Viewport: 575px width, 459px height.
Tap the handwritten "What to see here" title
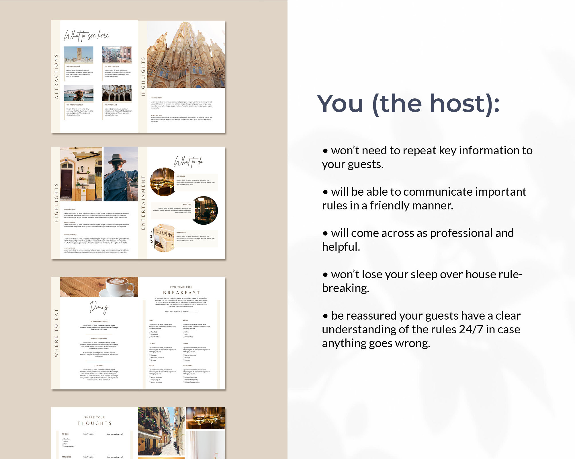pyautogui.click(x=86, y=36)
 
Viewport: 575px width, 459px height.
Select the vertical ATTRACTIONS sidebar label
pyautogui.click(x=56, y=77)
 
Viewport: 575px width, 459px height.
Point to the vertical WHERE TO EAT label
pyautogui.click(x=56, y=333)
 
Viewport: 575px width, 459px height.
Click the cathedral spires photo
pyautogui.click(x=186, y=55)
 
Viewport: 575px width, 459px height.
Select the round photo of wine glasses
pyautogui.click(x=163, y=182)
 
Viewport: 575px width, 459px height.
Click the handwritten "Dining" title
pyautogui.click(x=99, y=307)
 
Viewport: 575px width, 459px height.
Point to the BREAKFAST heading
pyautogui.click(x=181, y=293)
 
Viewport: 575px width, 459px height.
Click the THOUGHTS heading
pyautogui.click(x=95, y=423)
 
